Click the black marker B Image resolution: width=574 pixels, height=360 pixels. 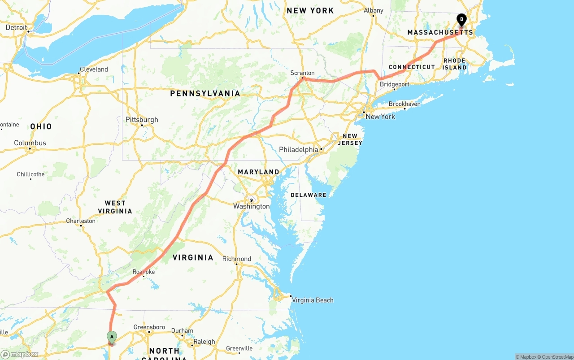(x=461, y=20)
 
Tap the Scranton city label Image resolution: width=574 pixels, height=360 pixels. (x=303, y=73)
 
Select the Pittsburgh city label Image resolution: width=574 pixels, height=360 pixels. (x=142, y=120)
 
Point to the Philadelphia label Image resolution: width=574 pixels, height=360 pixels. (x=298, y=149)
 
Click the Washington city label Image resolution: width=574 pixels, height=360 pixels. (x=251, y=206)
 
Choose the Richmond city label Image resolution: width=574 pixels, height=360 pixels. (x=236, y=259)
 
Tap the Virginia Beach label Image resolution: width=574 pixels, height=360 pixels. (x=313, y=300)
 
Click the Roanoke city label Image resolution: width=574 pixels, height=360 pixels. (x=143, y=272)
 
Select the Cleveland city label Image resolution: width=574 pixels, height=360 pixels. (x=94, y=69)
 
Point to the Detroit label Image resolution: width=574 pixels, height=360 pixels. (x=17, y=27)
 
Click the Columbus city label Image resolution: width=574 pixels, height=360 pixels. (x=30, y=143)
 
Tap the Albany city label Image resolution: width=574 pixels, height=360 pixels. (x=374, y=10)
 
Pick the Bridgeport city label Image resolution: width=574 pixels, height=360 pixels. (x=395, y=84)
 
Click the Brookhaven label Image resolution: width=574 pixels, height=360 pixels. (x=404, y=104)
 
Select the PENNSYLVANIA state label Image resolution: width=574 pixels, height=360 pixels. (x=205, y=94)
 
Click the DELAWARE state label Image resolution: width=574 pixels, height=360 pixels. (x=309, y=195)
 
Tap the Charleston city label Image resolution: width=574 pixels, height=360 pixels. (x=81, y=221)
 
